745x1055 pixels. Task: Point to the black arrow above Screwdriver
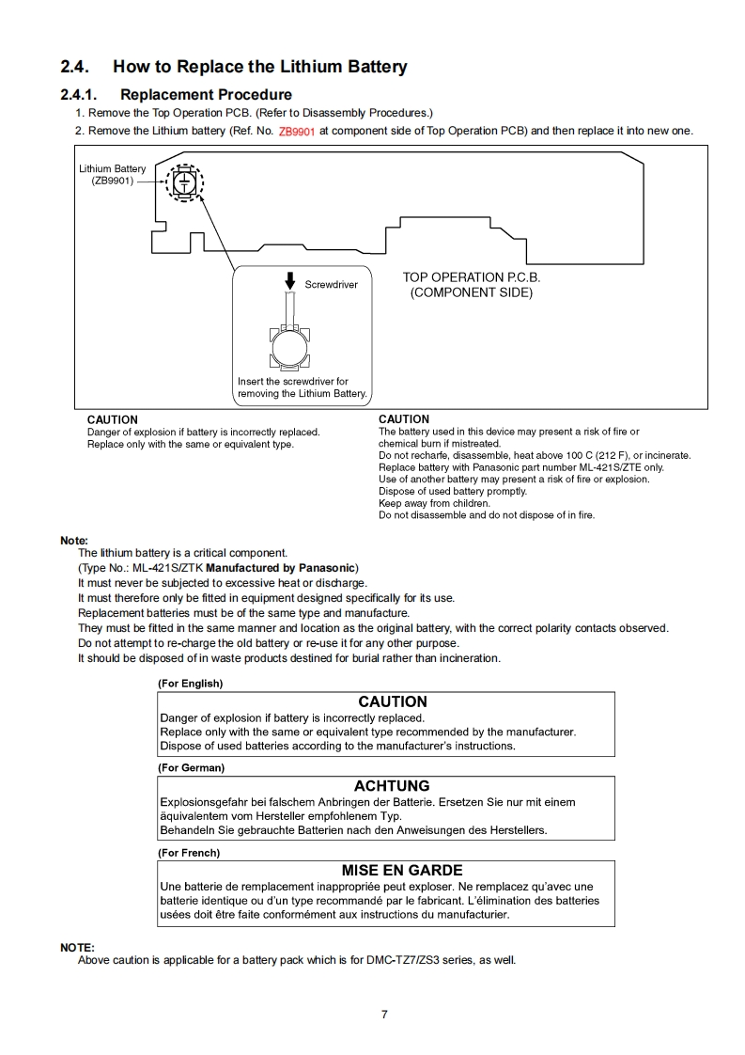[x=290, y=281]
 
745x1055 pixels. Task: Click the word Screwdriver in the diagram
[x=331, y=285]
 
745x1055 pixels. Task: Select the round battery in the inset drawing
[x=288, y=349]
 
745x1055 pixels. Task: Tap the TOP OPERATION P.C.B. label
[x=472, y=277]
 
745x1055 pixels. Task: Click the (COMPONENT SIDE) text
[x=472, y=292]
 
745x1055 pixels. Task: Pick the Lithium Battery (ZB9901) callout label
[x=112, y=175]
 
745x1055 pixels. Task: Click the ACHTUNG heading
[x=392, y=786]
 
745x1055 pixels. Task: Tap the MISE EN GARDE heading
[x=402, y=871]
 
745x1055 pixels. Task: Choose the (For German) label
[x=191, y=768]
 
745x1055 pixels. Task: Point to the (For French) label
[x=189, y=853]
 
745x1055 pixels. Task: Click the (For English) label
[x=191, y=684]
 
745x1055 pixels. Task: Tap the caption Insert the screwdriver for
[x=293, y=382]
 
